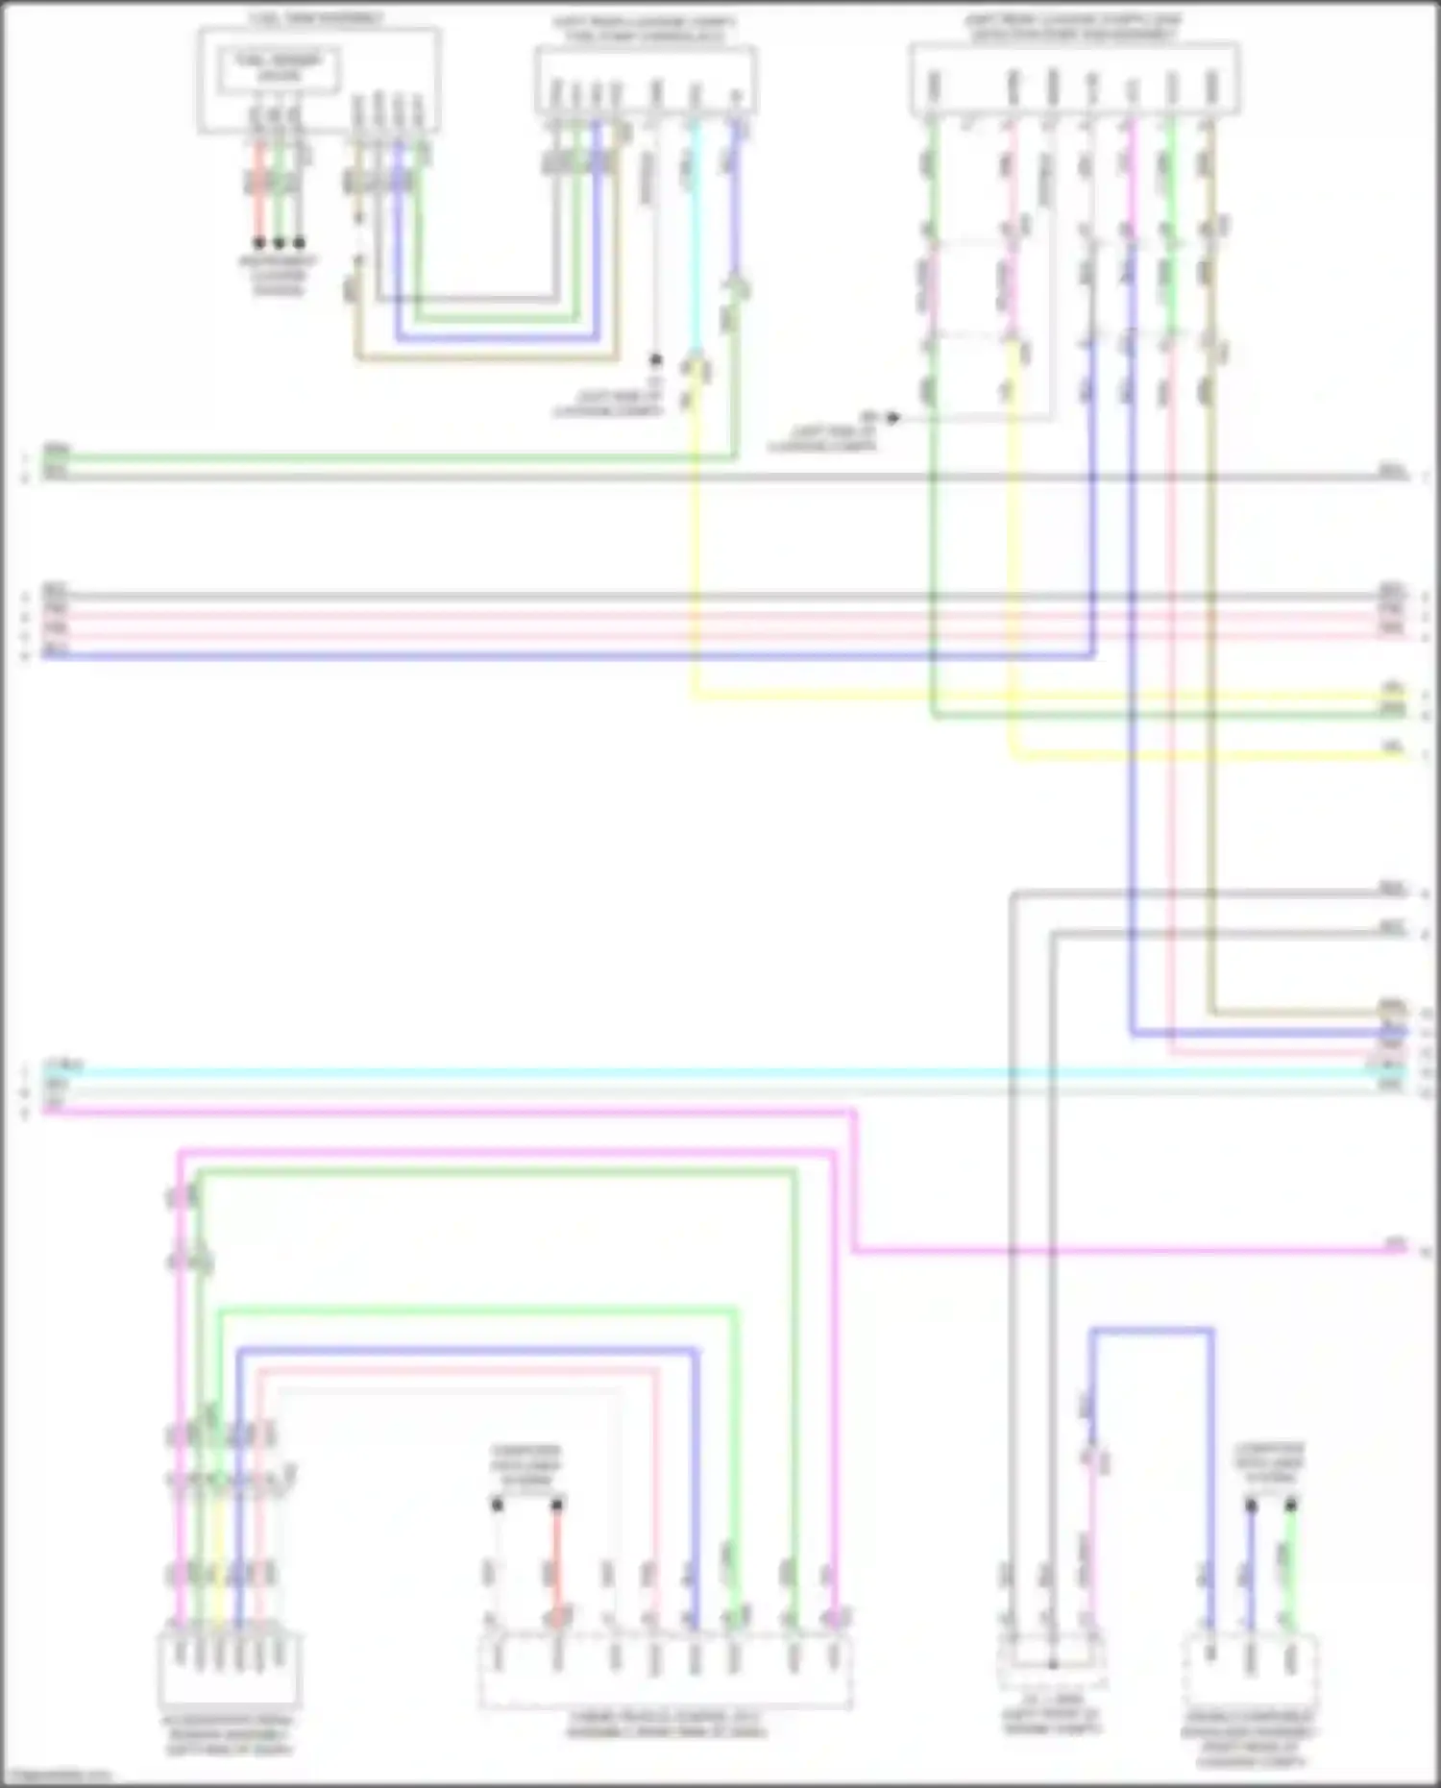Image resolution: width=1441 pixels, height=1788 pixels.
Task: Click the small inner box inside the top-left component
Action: (278, 71)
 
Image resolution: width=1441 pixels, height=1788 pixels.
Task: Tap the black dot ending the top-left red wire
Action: (258, 243)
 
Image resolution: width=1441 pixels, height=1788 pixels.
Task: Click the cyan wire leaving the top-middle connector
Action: (696, 240)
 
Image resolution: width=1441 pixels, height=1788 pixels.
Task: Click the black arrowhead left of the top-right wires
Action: (893, 417)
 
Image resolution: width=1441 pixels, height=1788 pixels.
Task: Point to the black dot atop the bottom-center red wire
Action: (557, 1505)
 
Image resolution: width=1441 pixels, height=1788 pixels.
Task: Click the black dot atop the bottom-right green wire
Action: (1290, 1505)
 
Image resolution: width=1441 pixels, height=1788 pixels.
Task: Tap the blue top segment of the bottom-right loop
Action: (1151, 1332)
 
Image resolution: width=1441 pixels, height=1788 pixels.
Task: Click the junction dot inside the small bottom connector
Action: (1052, 1663)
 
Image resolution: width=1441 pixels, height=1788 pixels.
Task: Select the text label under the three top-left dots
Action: (279, 275)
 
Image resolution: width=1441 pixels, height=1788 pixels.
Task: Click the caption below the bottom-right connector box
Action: (1249, 1739)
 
